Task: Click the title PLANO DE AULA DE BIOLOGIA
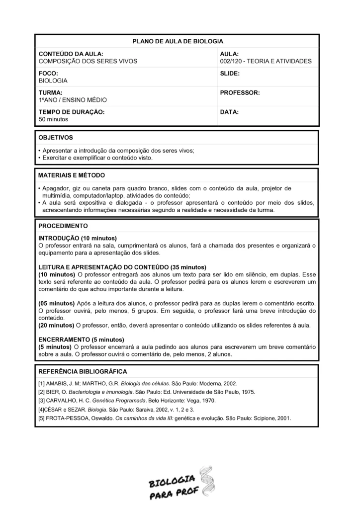pyautogui.click(x=178, y=41)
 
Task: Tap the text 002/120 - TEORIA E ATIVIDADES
pyautogui.click(x=266, y=62)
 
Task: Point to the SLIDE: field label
pyautogui.click(x=230, y=73)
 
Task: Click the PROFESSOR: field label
pyautogui.click(x=240, y=92)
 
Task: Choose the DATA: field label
pyautogui.click(x=229, y=112)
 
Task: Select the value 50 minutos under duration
pyautogui.click(x=53, y=119)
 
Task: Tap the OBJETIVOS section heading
pyautogui.click(x=55, y=137)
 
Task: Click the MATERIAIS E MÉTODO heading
pyautogui.click(x=71, y=175)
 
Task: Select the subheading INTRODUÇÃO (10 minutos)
pyautogui.click(x=77, y=238)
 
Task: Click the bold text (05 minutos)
pyautogui.click(x=56, y=303)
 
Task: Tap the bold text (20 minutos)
pyautogui.click(x=56, y=326)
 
